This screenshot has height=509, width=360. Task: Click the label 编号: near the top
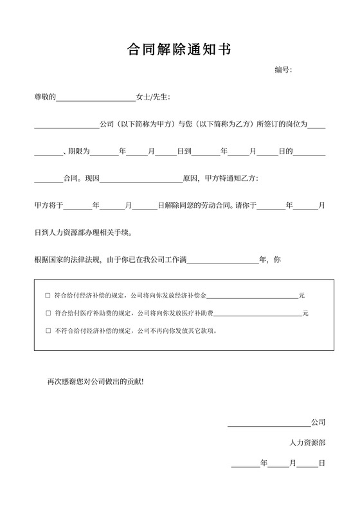click(x=283, y=69)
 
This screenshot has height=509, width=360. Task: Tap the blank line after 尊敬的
click(x=96, y=98)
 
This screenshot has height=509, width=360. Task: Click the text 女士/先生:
click(x=153, y=97)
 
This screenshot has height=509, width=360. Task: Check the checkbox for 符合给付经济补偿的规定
click(x=48, y=296)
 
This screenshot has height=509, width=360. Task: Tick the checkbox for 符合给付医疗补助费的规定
click(x=48, y=314)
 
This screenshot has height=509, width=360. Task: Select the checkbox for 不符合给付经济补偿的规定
click(x=48, y=331)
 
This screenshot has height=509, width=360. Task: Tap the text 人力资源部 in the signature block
click(x=308, y=443)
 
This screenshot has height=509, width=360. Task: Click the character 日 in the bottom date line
click(x=321, y=463)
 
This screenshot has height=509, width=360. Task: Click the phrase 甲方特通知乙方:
click(x=231, y=178)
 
